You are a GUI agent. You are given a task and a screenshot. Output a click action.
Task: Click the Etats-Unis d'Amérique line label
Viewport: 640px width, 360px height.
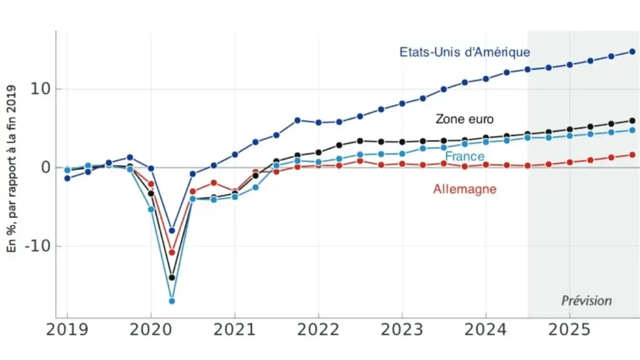(x=464, y=52)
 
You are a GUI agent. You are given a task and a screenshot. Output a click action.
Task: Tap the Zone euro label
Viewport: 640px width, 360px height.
(x=464, y=119)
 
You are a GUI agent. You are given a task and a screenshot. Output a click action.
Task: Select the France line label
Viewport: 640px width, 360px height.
(x=464, y=156)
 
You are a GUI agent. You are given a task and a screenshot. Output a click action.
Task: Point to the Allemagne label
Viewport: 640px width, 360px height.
(x=464, y=188)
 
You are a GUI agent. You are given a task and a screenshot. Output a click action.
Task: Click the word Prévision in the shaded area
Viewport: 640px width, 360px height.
(x=586, y=301)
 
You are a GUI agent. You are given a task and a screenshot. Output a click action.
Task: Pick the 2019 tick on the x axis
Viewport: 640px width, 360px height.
(x=67, y=330)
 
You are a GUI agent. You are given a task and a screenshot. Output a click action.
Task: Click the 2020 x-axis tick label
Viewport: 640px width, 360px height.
(x=151, y=330)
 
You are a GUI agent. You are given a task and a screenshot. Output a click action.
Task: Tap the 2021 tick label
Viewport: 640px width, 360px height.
(x=234, y=330)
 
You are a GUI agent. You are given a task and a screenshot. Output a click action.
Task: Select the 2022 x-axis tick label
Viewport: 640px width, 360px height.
(x=318, y=330)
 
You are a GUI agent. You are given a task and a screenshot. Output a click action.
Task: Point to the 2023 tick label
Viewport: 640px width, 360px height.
(x=402, y=330)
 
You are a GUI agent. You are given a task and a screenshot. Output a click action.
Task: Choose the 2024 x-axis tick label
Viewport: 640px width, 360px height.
(x=486, y=330)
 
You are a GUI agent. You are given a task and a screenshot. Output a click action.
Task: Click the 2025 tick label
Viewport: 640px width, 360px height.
(x=569, y=330)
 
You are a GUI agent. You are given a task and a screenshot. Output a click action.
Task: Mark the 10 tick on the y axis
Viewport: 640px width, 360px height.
(x=41, y=89)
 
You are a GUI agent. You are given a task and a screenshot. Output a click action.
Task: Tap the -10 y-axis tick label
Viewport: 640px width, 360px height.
(x=37, y=246)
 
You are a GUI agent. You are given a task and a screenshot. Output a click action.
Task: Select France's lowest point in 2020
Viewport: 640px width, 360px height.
(x=172, y=301)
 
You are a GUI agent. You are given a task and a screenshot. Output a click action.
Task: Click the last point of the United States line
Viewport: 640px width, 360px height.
(x=632, y=51)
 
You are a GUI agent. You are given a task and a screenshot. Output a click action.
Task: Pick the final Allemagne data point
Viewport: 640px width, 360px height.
(x=632, y=154)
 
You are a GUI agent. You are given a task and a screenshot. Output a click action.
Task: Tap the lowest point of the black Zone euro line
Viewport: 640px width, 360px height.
(x=172, y=277)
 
